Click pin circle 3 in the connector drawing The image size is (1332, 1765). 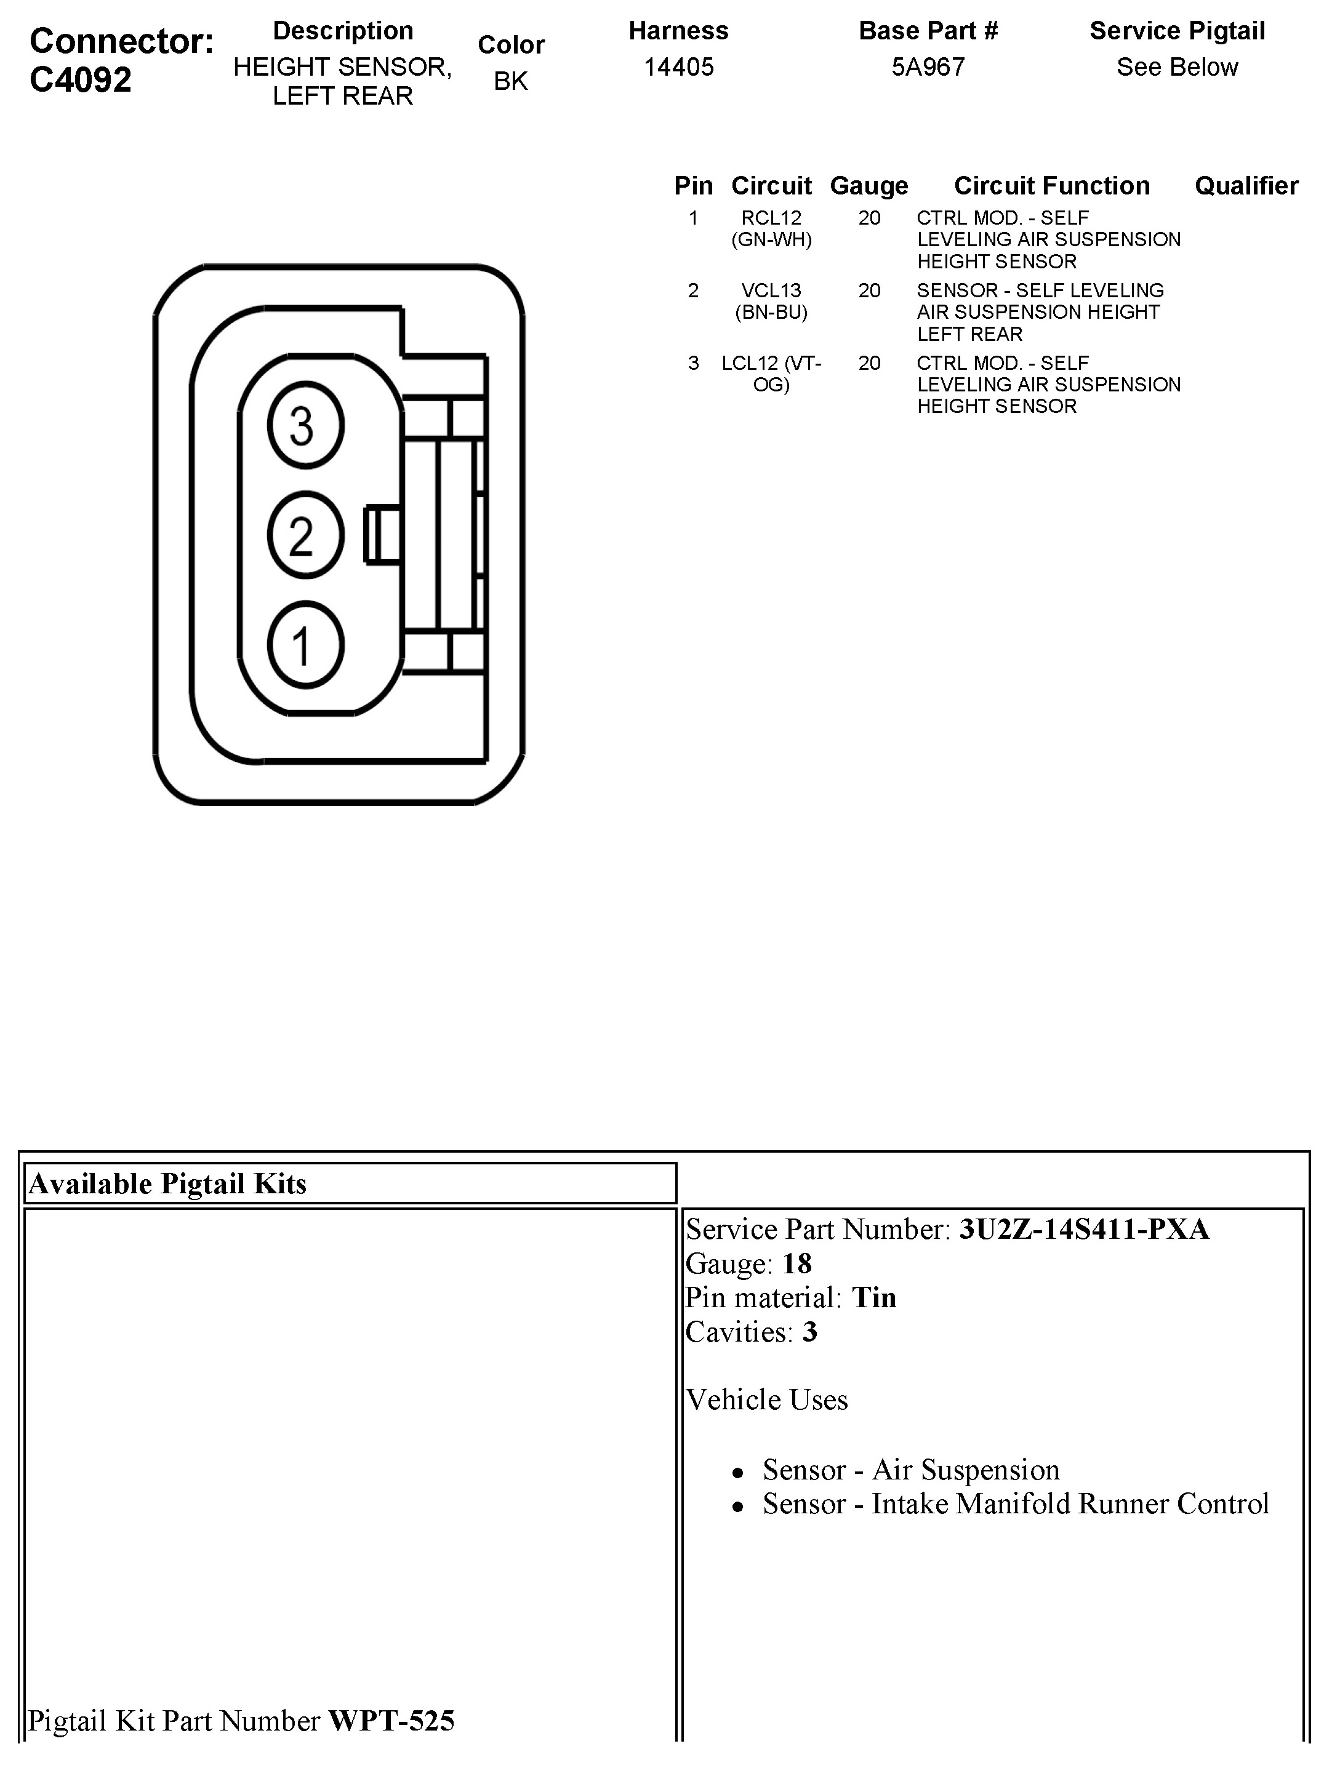[306, 425]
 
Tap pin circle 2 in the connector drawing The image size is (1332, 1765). [306, 535]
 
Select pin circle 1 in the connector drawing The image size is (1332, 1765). [306, 645]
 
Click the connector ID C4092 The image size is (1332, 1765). [81, 80]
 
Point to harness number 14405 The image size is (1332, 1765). [678, 67]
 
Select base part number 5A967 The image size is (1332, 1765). [928, 67]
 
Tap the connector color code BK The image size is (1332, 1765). [511, 81]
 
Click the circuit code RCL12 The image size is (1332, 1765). [771, 218]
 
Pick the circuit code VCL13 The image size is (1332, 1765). [771, 290]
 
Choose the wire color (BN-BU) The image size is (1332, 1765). [771, 312]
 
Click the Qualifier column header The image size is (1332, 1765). [1246, 186]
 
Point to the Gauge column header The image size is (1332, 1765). [869, 186]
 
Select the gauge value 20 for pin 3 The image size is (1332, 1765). [869, 363]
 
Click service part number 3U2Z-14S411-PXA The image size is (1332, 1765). [1084, 1230]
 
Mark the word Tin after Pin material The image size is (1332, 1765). [874, 1299]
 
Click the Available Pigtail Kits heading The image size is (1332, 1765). [167, 1183]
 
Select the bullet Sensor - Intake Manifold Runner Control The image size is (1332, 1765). [1015, 1503]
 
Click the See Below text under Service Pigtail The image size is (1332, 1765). [1177, 67]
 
